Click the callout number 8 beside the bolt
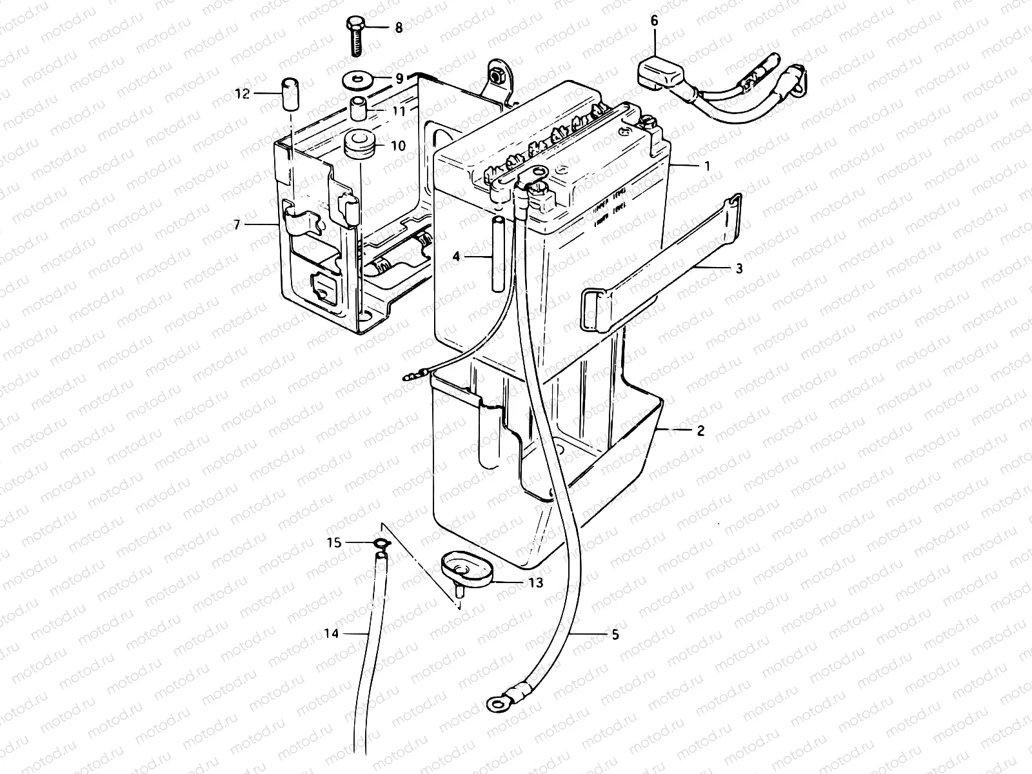[x=399, y=28]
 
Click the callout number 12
[x=243, y=94]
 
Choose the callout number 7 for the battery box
[x=237, y=224]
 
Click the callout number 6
[x=655, y=21]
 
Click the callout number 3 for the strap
[x=739, y=268]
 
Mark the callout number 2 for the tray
[x=700, y=431]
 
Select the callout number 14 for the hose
[x=331, y=633]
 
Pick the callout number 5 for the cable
[x=615, y=635]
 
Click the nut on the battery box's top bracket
[x=497, y=75]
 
